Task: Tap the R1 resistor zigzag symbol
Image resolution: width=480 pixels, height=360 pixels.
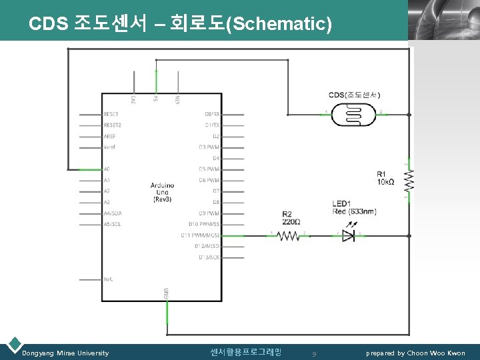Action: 409,179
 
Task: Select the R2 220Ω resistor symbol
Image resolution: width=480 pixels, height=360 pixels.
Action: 289,235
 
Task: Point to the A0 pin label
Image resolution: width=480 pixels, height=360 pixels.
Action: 107,169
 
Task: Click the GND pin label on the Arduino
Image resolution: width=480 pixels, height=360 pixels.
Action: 166,293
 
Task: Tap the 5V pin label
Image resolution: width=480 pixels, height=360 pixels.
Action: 156,99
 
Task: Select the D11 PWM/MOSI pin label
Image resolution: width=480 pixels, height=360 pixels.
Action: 200,235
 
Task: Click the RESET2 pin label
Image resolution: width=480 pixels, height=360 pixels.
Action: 113,125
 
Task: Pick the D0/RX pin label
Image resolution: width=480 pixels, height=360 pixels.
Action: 212,115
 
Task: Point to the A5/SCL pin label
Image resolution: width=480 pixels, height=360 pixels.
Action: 112,224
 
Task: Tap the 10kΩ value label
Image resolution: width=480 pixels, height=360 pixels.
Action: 385,182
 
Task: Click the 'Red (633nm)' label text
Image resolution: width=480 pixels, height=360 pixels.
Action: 354,211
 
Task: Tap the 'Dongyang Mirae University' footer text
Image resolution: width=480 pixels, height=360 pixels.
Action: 65,353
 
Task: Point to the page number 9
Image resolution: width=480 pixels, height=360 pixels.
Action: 314,353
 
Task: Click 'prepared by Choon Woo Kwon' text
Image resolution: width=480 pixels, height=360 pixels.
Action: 415,353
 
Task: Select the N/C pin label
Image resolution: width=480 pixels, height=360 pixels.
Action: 109,279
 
